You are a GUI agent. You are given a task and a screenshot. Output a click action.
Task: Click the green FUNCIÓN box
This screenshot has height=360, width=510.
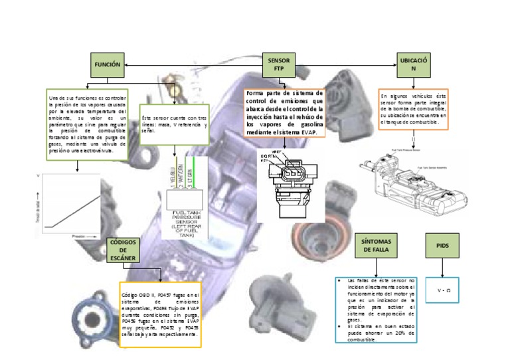108,64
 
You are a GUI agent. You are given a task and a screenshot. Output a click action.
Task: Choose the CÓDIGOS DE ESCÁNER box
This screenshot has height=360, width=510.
122,250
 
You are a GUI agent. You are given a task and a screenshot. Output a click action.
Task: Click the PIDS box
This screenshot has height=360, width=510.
443,245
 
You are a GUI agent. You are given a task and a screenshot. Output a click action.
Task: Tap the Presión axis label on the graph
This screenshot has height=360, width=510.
78,235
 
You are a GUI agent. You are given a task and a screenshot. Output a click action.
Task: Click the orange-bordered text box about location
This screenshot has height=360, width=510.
412,108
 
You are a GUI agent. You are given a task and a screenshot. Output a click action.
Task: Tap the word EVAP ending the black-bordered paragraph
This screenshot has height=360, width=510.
307,132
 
